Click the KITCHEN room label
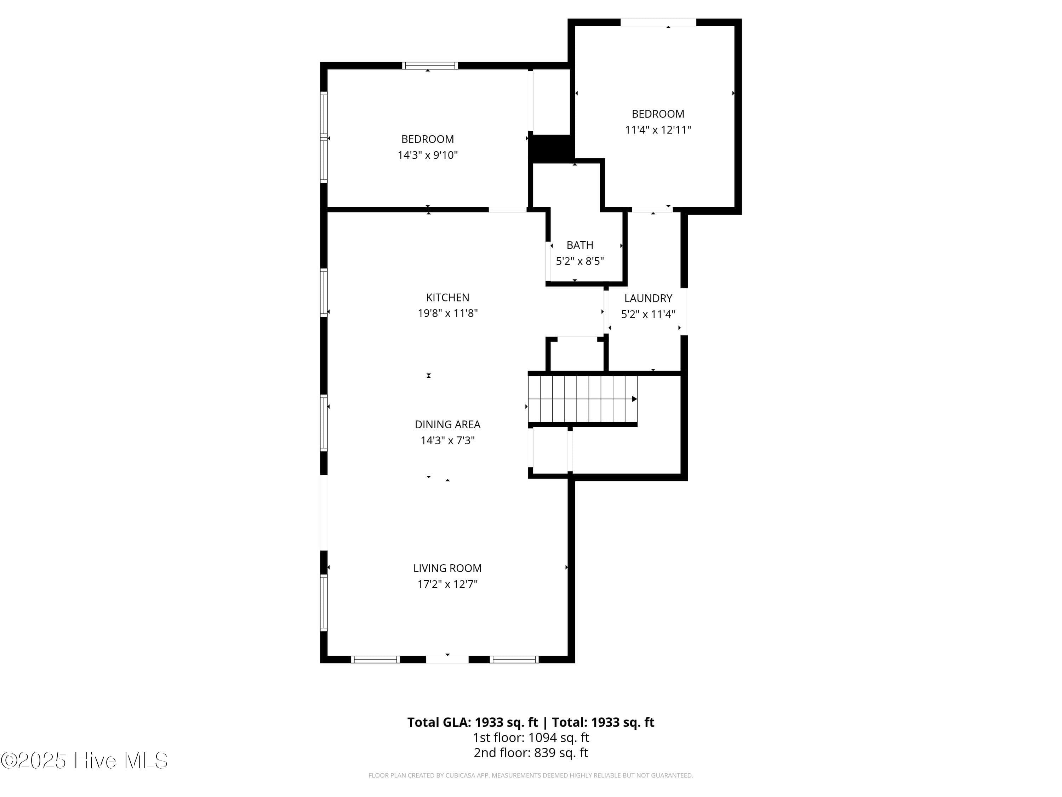(447, 298)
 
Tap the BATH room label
(579, 245)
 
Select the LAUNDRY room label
(648, 298)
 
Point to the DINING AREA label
(447, 424)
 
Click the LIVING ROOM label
(447, 568)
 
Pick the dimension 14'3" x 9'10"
(427, 155)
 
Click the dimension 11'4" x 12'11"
(658, 130)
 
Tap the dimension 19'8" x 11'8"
(447, 313)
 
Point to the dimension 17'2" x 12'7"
(447, 584)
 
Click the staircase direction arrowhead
(634, 399)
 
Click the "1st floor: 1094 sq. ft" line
(531, 737)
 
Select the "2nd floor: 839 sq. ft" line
(531, 752)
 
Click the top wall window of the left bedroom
(430, 66)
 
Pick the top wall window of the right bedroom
(658, 22)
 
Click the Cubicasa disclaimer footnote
(531, 775)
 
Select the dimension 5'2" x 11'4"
(648, 314)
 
